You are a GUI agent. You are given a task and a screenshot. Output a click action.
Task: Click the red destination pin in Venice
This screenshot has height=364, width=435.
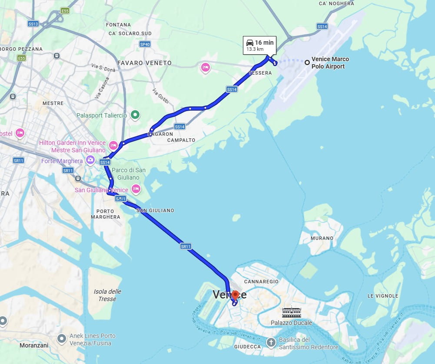click(x=235, y=295)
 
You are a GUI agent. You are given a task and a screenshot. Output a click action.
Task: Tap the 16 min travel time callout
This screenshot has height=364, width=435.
click(x=259, y=45)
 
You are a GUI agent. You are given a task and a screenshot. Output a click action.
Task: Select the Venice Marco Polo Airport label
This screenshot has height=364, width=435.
click(x=330, y=63)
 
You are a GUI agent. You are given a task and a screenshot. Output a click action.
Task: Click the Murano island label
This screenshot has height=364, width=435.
click(x=322, y=238)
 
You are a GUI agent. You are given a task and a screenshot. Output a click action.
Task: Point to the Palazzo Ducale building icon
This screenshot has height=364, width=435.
click(x=291, y=312)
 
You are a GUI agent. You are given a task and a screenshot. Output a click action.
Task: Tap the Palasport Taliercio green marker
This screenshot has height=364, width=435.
click(x=136, y=115)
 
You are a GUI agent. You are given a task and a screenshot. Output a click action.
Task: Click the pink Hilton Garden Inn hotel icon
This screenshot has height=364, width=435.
click(x=113, y=145)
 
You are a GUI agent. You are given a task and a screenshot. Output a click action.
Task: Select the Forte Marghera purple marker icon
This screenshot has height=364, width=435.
click(x=90, y=160)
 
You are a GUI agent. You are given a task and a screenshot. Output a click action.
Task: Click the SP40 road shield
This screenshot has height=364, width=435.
click(x=145, y=44)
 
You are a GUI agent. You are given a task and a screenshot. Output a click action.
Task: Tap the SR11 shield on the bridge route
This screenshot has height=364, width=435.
click(x=186, y=246)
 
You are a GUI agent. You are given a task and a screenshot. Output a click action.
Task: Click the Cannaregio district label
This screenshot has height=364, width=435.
click(x=261, y=282)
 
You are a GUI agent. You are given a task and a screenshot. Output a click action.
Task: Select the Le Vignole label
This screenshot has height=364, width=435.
click(x=382, y=296)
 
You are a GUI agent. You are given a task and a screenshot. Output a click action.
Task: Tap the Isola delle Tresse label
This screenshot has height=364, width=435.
click(x=107, y=295)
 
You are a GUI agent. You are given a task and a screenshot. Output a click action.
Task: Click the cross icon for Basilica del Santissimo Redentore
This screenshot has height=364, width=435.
click(x=271, y=343)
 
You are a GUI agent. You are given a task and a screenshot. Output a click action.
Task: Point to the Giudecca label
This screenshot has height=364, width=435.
click(x=247, y=347)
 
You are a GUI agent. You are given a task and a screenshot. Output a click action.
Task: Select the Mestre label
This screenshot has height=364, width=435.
click(x=53, y=103)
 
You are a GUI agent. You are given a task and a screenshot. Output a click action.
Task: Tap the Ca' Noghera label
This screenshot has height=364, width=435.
click(x=336, y=3)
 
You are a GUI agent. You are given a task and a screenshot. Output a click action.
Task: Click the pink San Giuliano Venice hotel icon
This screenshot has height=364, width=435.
click(x=136, y=189)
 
